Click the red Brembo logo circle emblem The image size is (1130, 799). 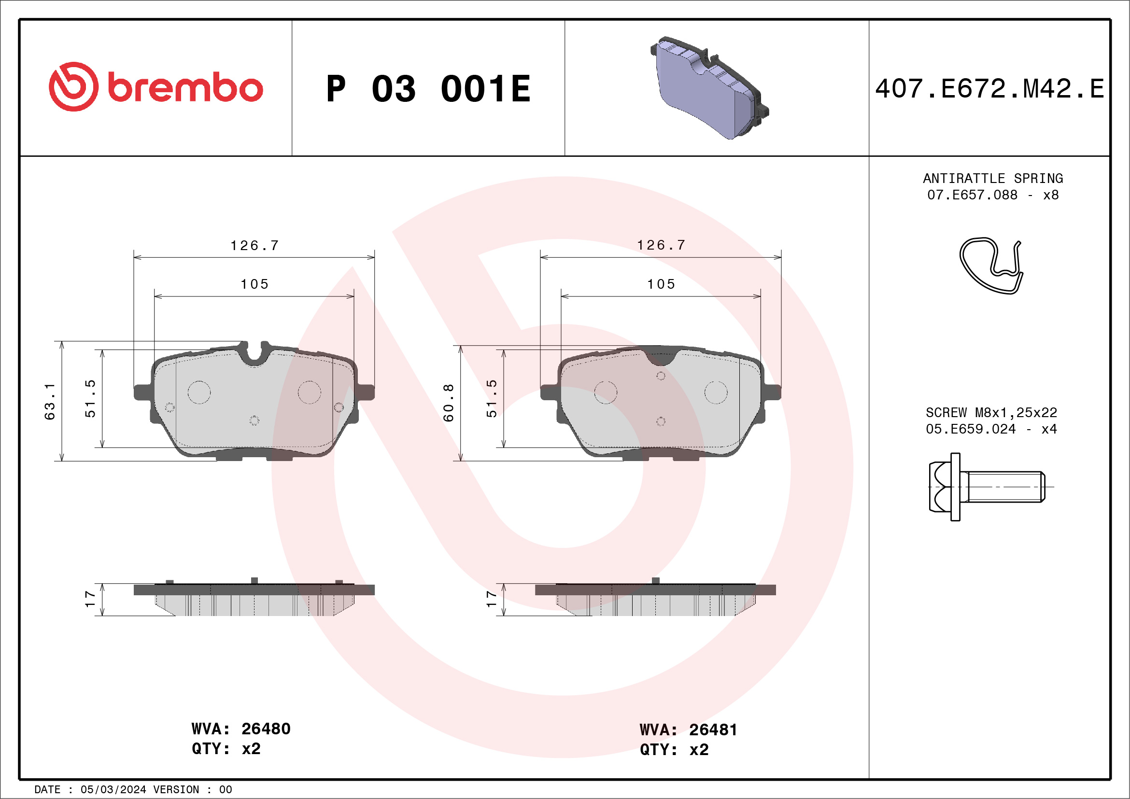pos(73,86)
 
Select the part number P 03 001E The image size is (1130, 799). pos(428,89)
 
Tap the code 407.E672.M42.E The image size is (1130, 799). pos(990,89)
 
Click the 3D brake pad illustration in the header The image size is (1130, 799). pos(709,88)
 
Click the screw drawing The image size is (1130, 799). pos(987,487)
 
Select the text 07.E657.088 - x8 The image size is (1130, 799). pos(993,195)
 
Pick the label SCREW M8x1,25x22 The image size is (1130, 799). pos(991,412)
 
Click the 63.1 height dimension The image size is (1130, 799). pos(50,402)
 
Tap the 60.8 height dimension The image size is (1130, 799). pos(448,403)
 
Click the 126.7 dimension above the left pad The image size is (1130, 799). pos(254,245)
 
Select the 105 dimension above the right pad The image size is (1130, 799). pos(661,284)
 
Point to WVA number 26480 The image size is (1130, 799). pos(266,729)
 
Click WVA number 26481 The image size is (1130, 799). pos(713,730)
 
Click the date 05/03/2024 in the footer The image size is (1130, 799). pos(113,790)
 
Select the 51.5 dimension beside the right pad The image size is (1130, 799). pos(492,398)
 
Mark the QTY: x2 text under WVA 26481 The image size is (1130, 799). pos(674,750)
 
